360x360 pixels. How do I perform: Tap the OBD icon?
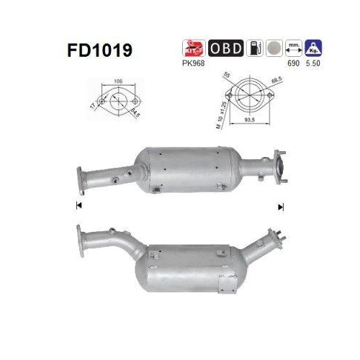(x=225, y=49)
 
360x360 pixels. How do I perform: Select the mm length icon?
(x=292, y=49)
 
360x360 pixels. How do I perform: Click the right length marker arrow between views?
(x=282, y=207)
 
